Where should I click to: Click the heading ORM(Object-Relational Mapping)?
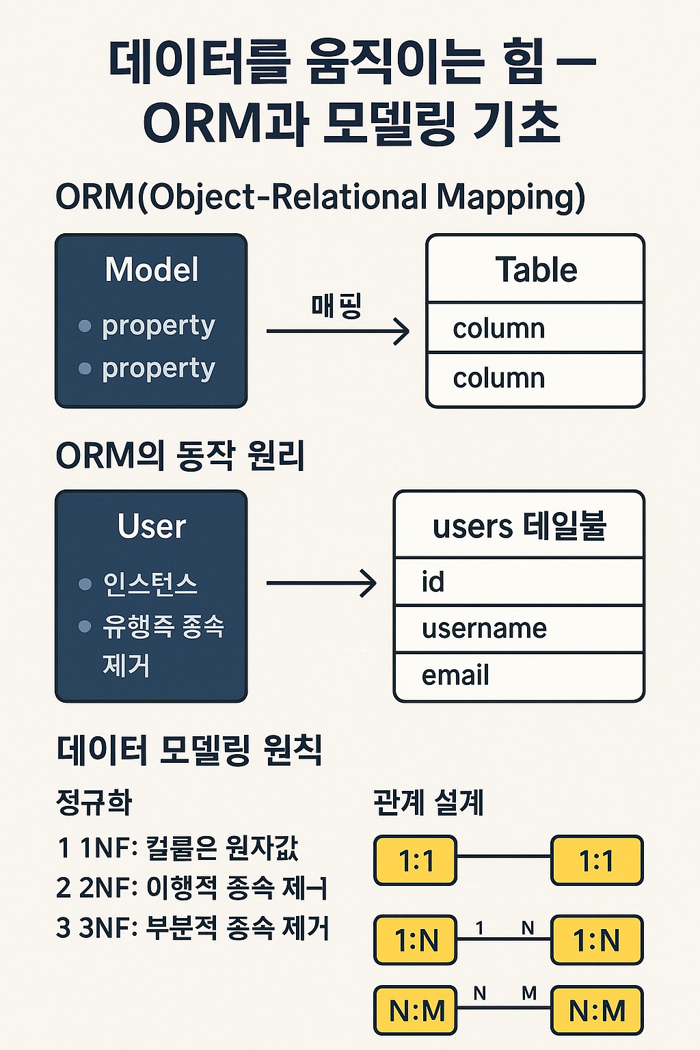(x=320, y=198)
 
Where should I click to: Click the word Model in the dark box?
(x=152, y=269)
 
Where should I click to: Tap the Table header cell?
(x=535, y=269)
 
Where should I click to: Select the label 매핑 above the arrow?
(x=336, y=306)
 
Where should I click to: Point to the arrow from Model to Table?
(x=337, y=332)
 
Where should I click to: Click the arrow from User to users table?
(x=321, y=583)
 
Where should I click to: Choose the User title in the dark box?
(x=151, y=526)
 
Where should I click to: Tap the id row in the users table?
(x=519, y=582)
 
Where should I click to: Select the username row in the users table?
(x=519, y=628)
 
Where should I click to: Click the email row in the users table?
(x=519, y=676)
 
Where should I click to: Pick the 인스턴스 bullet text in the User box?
(x=150, y=584)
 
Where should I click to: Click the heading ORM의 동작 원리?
(x=180, y=456)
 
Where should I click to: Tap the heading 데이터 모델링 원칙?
(x=189, y=750)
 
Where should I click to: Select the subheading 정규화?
(x=94, y=802)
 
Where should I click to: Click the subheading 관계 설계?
(x=429, y=802)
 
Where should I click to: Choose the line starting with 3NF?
(x=193, y=928)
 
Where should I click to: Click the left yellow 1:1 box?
(x=416, y=861)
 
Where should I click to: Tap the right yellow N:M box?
(x=597, y=1010)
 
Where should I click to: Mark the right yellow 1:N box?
(x=597, y=940)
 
